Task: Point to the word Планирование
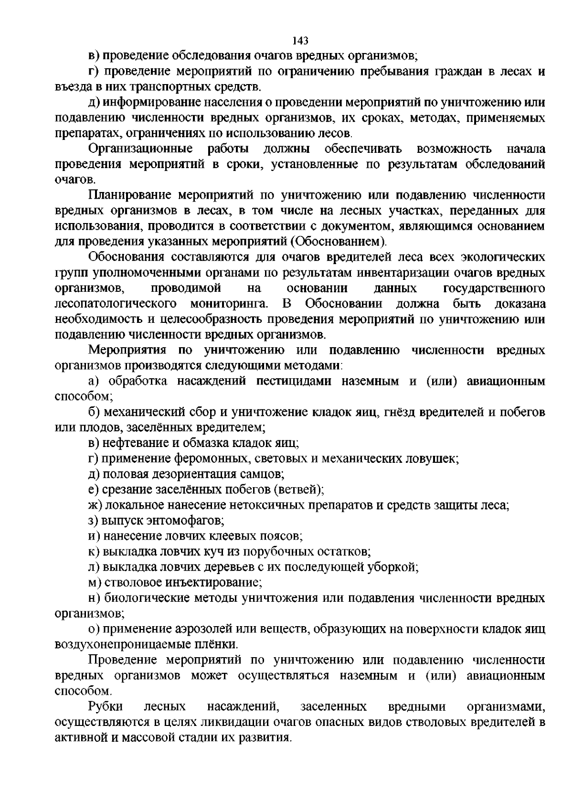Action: (128, 195)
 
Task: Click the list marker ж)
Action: (95, 505)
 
